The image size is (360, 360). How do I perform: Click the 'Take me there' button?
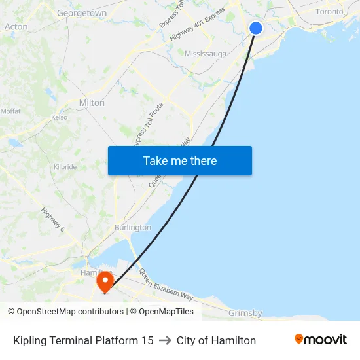click(180, 161)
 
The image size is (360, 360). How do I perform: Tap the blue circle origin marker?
click(256, 28)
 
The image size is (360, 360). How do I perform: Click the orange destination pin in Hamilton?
click(105, 282)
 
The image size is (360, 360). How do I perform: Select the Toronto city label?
click(329, 12)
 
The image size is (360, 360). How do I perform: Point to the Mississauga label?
click(206, 54)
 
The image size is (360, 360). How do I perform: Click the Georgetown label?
click(82, 13)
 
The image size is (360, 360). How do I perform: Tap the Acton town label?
click(16, 27)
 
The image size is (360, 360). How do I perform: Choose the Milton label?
click(92, 103)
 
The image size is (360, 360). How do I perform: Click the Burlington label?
click(133, 228)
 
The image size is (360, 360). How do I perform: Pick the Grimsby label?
click(245, 314)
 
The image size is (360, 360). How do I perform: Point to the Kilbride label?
click(65, 167)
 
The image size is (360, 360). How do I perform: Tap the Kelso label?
click(60, 118)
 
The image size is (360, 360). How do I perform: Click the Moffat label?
click(10, 111)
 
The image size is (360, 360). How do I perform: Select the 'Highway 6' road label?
click(53, 220)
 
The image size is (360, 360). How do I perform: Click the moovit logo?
click(321, 340)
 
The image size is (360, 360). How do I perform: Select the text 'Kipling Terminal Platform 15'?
click(83, 340)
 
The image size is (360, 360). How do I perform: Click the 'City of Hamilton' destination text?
click(216, 340)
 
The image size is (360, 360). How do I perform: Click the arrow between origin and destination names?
click(165, 340)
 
